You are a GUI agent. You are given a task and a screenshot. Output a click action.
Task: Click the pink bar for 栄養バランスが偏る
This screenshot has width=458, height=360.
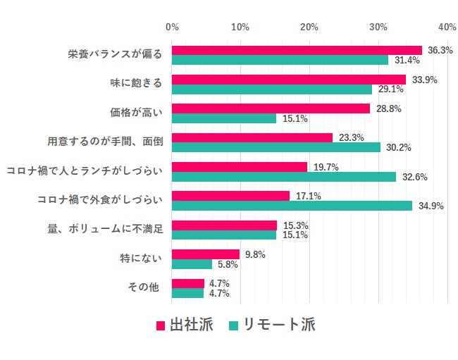click(296, 50)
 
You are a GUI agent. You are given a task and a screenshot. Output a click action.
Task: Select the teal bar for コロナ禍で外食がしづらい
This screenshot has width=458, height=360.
click(292, 206)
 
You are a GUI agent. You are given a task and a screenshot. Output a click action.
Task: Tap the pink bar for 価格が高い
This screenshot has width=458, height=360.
click(271, 108)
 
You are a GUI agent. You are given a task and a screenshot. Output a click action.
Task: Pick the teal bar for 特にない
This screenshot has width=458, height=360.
click(192, 264)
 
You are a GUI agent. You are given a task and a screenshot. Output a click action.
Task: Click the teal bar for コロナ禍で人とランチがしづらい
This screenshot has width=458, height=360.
click(283, 177)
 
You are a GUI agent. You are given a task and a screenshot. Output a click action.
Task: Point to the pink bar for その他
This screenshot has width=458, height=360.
click(187, 283)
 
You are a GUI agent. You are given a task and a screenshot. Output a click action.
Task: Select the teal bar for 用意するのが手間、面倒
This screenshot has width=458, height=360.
click(276, 147)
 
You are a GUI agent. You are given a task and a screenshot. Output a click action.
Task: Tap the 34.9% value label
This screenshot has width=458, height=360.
click(431, 206)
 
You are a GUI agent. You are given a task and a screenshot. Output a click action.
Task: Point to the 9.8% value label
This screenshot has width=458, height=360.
click(254, 255)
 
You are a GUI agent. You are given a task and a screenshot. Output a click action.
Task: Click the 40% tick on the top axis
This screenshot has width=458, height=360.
click(447, 27)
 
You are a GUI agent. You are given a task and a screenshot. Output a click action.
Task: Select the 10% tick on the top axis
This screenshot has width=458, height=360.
click(240, 27)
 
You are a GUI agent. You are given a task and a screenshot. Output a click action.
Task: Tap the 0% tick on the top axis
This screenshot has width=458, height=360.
click(172, 27)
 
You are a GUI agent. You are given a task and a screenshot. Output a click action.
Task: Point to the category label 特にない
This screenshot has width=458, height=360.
click(142, 259)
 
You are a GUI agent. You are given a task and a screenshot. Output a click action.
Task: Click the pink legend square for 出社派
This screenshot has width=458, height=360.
click(161, 325)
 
